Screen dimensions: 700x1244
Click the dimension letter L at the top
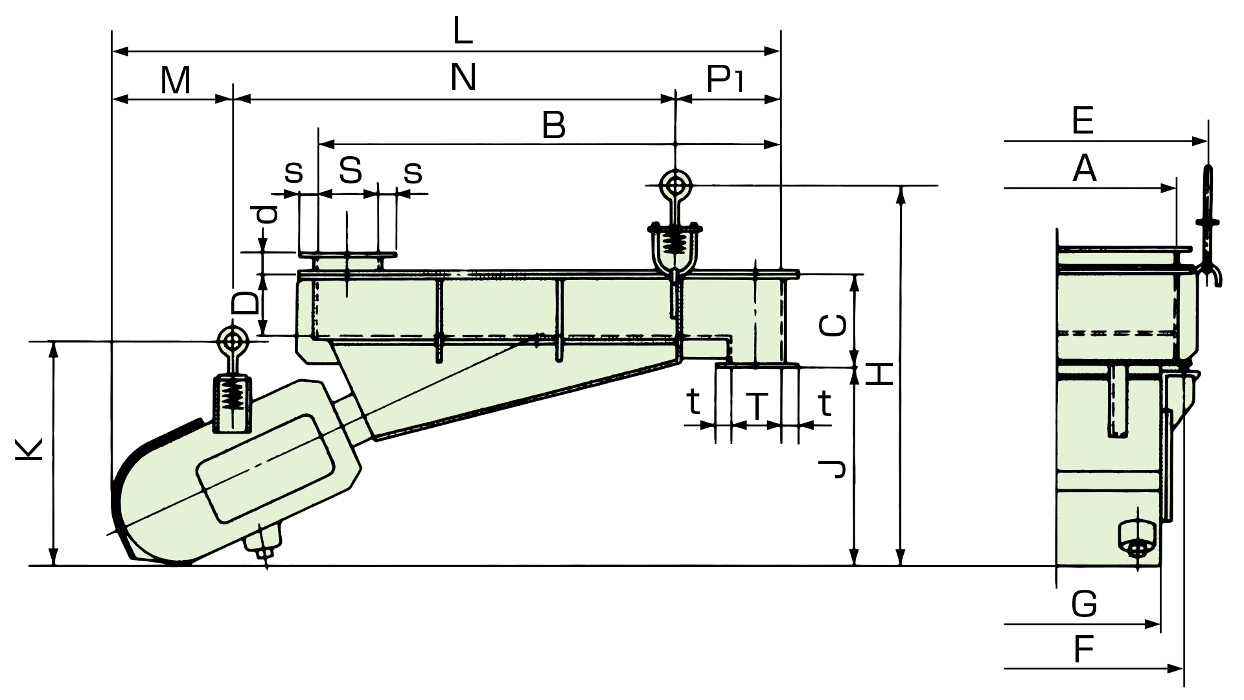tap(463, 32)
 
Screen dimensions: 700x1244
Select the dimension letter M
tap(176, 81)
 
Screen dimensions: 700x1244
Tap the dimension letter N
tap(463, 78)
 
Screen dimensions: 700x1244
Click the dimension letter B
tap(554, 126)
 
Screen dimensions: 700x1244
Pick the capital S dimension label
tap(350, 171)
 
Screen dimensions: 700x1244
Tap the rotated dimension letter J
tap(833, 468)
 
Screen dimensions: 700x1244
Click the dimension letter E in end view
tap(1083, 121)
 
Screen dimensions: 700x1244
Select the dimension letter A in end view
tap(1085, 169)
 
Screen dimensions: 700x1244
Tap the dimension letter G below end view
tap(1085, 605)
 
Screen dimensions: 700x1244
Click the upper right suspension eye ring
tap(675, 183)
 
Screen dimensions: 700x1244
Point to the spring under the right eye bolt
tap(676, 243)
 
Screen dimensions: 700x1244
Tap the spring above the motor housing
tap(232, 393)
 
